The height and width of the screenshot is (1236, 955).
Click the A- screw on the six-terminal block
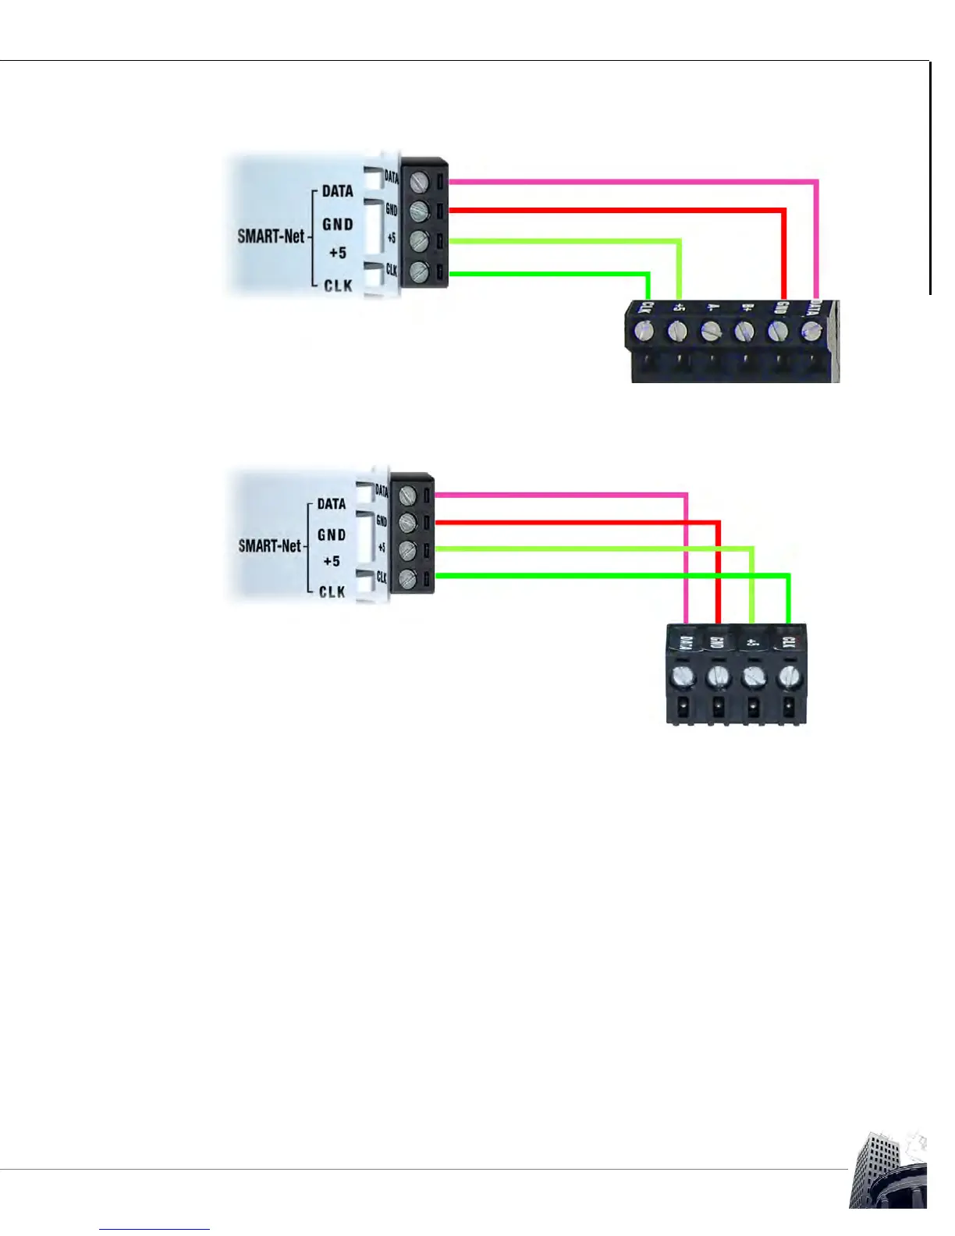point(710,332)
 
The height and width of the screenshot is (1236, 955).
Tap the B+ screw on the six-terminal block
point(744,332)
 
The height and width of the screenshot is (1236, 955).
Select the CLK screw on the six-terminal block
point(644,332)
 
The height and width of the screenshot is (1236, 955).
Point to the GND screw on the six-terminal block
point(779,332)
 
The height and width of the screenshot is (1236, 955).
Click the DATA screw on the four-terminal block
point(683,675)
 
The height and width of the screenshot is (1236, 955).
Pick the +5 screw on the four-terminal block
point(752,675)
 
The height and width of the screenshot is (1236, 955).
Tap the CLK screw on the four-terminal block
point(787,675)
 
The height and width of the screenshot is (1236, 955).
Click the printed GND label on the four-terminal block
point(716,643)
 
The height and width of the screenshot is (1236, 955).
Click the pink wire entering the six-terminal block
point(816,250)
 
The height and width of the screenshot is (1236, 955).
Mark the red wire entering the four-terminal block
point(718,577)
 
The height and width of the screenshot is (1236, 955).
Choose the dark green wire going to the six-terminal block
point(546,274)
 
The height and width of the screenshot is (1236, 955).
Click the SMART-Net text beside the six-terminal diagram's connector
point(271,236)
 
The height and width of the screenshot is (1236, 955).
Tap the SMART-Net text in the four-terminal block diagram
point(269,546)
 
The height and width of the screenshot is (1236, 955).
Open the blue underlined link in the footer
point(154,1228)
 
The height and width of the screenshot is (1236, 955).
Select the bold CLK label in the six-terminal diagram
point(338,286)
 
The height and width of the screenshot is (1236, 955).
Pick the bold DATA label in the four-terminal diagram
point(332,504)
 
